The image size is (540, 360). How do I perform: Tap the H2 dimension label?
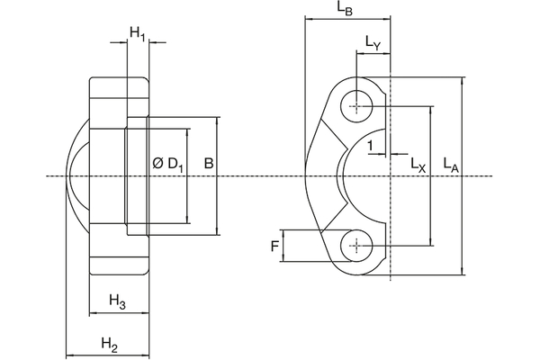(x=109, y=344)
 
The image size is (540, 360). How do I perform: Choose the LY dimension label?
(x=373, y=41)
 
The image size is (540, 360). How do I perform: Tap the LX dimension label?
(x=418, y=165)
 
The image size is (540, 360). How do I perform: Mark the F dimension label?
(x=274, y=245)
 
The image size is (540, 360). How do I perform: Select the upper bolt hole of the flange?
(x=358, y=107)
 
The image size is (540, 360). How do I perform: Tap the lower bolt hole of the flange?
(x=358, y=245)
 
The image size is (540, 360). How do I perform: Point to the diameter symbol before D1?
(x=157, y=163)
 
